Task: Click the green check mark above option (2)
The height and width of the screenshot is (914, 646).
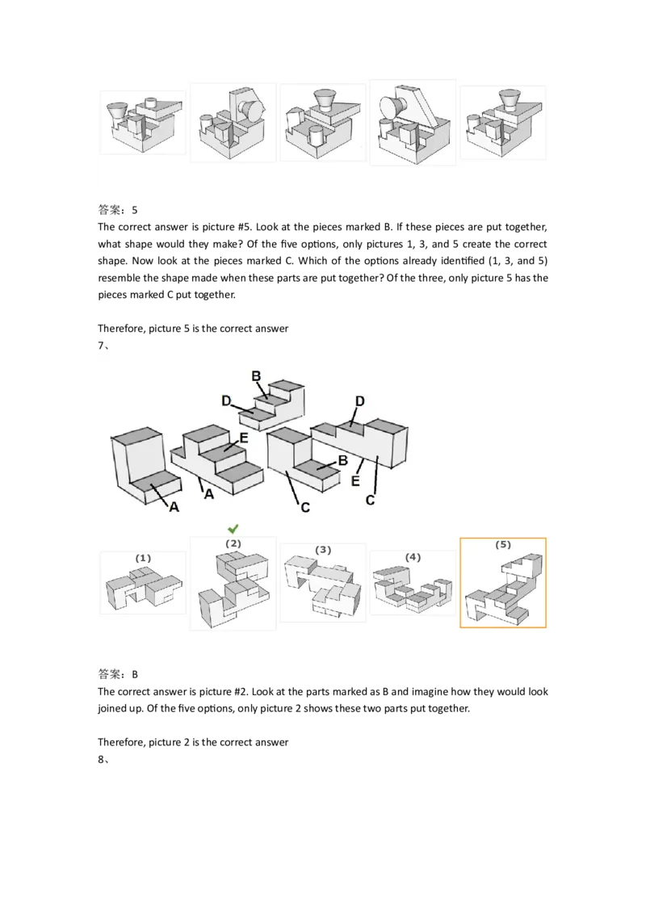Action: (x=233, y=528)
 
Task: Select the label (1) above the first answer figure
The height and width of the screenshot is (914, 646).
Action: (x=143, y=558)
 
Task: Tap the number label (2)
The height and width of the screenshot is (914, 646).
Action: (x=233, y=543)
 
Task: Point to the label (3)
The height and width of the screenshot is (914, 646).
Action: (x=323, y=550)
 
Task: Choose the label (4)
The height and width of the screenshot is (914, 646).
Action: (x=413, y=557)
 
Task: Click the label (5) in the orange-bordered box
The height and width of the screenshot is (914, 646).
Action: (x=503, y=545)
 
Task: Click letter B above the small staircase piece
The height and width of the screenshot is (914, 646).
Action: (x=257, y=375)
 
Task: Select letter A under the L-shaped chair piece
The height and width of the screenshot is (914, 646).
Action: (x=173, y=507)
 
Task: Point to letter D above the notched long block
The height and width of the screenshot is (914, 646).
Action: (x=360, y=401)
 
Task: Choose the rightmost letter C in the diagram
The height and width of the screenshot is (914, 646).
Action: (x=371, y=500)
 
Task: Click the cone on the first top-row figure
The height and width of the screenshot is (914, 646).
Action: (x=118, y=111)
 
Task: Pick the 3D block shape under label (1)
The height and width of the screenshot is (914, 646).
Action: (x=143, y=589)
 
